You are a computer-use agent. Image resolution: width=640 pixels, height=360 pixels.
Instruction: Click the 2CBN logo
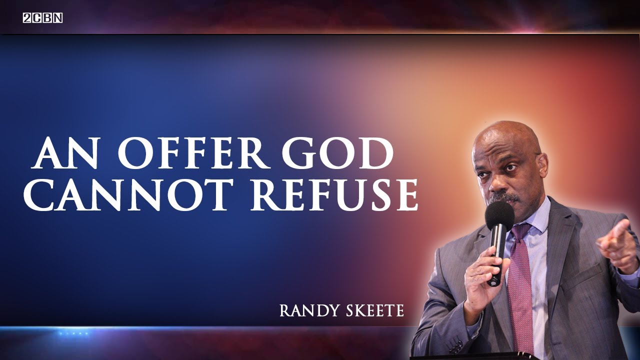42,18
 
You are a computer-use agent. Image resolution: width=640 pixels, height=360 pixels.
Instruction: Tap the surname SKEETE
371,310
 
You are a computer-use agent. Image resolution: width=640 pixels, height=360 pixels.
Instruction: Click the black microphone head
499,215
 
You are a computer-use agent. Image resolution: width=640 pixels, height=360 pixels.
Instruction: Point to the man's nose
498,184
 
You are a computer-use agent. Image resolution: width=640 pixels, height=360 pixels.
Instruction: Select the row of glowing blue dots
73,333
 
